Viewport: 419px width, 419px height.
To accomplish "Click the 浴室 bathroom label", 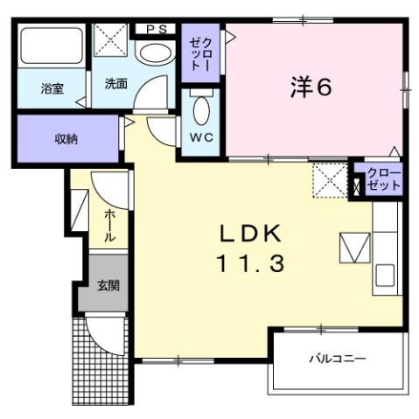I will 52,89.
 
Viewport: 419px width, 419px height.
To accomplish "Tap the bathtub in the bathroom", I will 52,47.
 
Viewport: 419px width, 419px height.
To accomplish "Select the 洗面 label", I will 116,85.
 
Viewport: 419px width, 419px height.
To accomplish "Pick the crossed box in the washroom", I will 112,40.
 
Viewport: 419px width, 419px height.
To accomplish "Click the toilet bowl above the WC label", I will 201,112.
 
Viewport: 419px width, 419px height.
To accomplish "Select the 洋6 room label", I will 311,87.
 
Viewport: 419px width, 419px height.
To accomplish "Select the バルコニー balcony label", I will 337,359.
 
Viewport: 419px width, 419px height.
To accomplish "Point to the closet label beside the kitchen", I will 383,179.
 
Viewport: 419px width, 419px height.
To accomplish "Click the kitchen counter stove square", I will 355,248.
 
